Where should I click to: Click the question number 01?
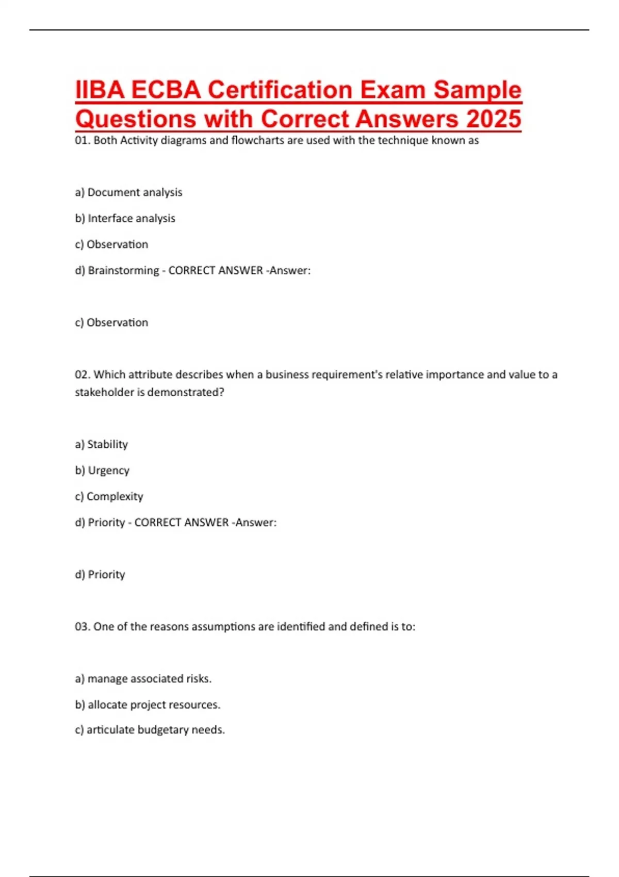coord(83,140)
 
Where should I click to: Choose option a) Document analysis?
coord(128,192)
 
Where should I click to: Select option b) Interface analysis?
coord(125,218)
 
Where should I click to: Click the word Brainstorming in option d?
coord(123,270)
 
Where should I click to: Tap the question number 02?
coord(83,375)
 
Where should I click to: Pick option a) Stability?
coord(101,444)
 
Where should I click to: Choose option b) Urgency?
coord(102,470)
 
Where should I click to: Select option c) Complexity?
coord(109,496)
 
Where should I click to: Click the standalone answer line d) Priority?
coord(100,575)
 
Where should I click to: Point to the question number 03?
coord(83,627)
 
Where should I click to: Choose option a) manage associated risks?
coord(143,679)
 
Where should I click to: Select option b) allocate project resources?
coord(148,705)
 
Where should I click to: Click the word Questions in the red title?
coord(136,119)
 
